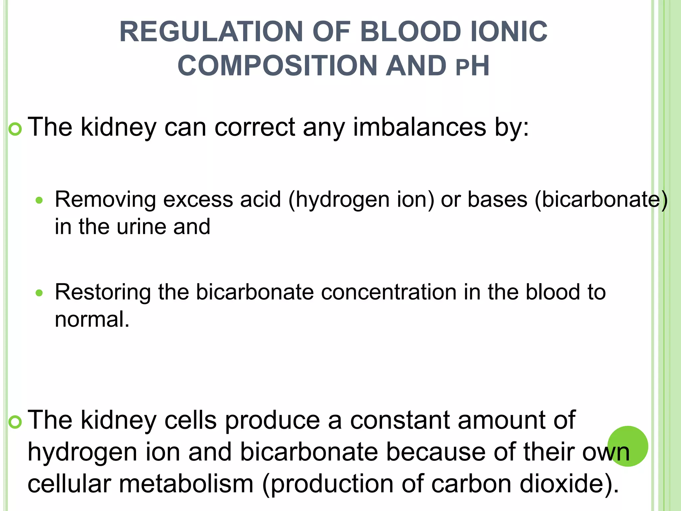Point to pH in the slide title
tap(472, 66)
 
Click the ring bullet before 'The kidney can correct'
tap(15, 129)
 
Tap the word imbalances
tap(419, 127)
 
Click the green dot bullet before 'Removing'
tap(39, 200)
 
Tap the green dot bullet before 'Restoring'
tap(39, 293)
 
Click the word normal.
tap(92, 319)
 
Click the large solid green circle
tap(628, 446)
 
